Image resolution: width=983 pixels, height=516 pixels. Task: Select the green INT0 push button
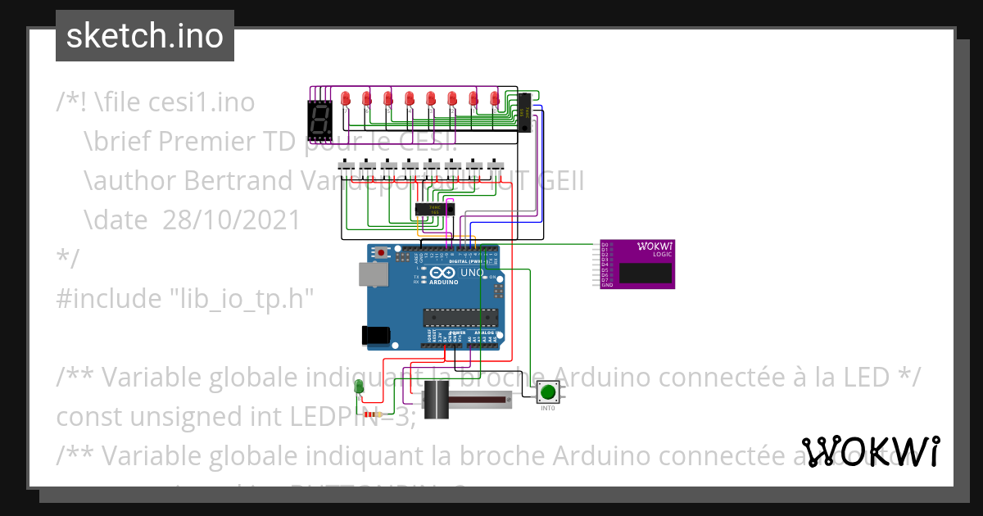[548, 393]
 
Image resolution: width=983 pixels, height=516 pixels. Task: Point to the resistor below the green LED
[377, 414]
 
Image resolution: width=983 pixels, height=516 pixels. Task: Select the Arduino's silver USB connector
[372, 275]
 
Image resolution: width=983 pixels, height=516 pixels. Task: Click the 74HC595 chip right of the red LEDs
[523, 112]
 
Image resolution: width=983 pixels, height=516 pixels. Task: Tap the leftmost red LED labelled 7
[346, 99]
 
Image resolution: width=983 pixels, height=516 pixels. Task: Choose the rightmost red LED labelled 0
[495, 99]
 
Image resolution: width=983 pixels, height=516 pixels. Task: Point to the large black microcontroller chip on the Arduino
[460, 317]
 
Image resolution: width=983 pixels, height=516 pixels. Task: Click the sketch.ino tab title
[145, 36]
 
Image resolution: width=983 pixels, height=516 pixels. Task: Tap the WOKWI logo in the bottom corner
[870, 451]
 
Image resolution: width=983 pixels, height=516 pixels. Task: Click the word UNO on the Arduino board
[473, 272]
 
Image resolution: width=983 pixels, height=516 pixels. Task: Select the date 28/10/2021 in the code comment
[231, 220]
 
